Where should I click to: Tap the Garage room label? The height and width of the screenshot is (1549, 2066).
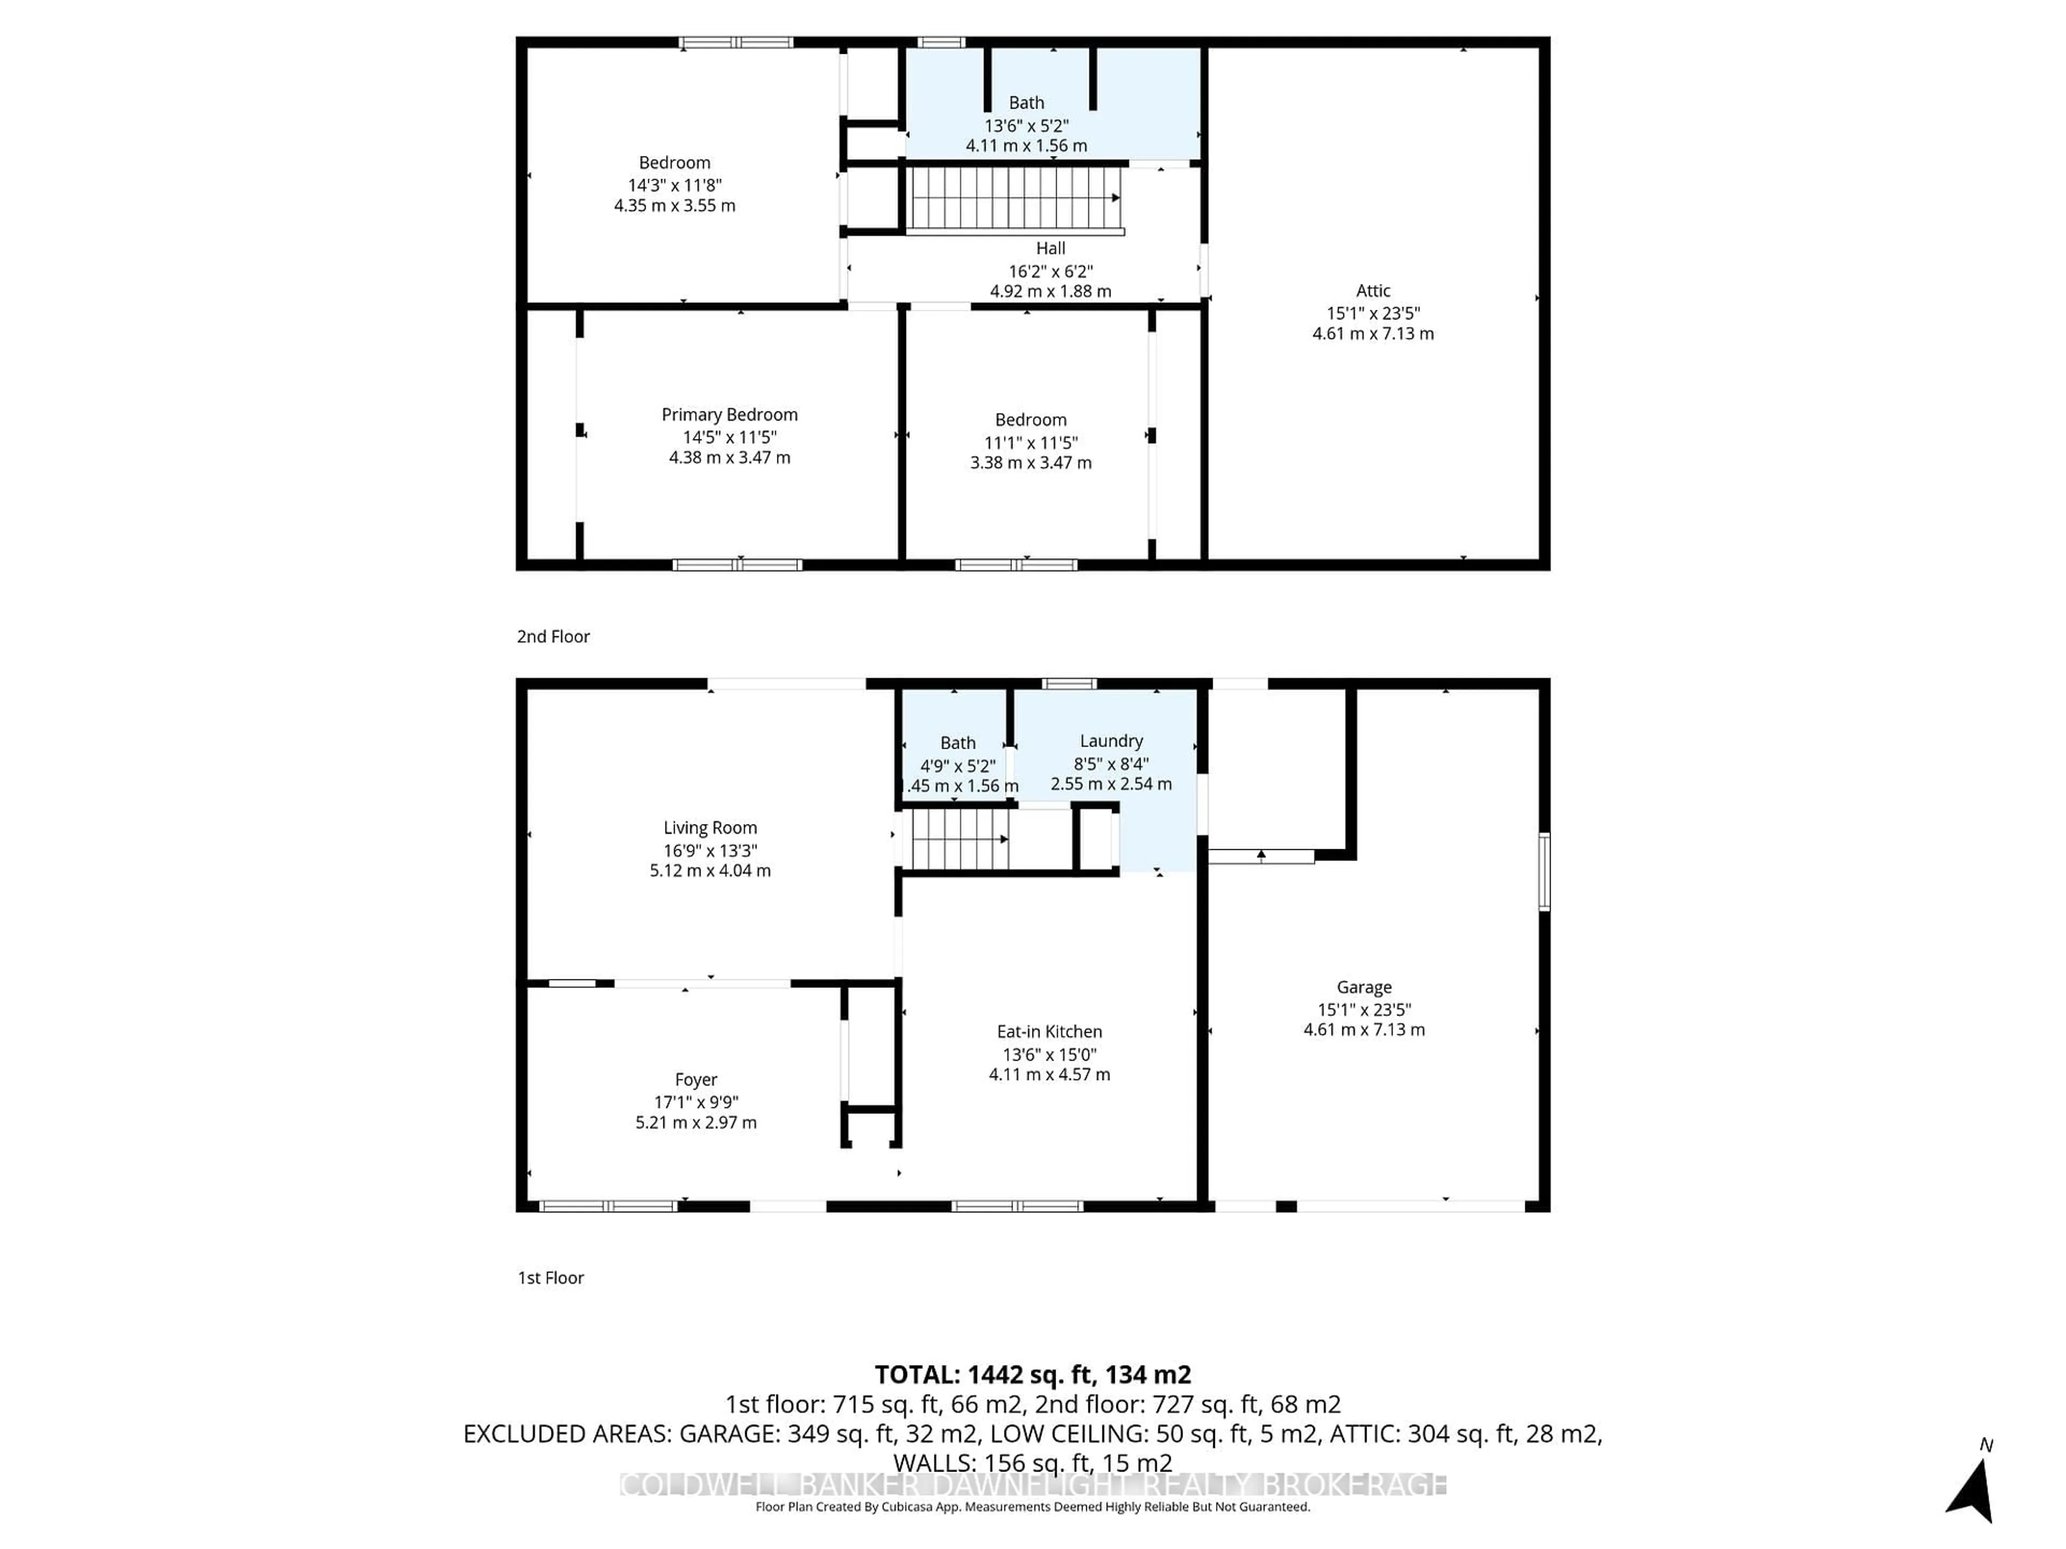click(1364, 987)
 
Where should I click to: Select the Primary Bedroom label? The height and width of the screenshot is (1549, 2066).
click(730, 415)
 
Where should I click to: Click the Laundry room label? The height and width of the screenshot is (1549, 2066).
click(1110, 741)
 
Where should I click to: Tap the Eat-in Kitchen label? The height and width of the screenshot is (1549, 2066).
click(1049, 1032)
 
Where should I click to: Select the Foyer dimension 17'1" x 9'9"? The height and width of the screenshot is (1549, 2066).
click(696, 1102)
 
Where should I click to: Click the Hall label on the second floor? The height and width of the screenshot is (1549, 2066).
click(1050, 248)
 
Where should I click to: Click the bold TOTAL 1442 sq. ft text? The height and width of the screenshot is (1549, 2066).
click(1032, 1374)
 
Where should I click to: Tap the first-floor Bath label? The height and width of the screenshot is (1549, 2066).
click(957, 742)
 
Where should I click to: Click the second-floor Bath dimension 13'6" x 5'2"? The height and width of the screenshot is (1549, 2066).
click(1025, 125)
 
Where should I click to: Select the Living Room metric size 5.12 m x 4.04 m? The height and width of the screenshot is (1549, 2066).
click(710, 870)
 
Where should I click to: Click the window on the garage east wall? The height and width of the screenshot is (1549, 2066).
click(1544, 871)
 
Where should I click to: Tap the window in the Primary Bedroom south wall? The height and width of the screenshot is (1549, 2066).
click(737, 565)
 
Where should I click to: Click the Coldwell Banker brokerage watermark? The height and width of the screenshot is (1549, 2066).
click(1033, 1484)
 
